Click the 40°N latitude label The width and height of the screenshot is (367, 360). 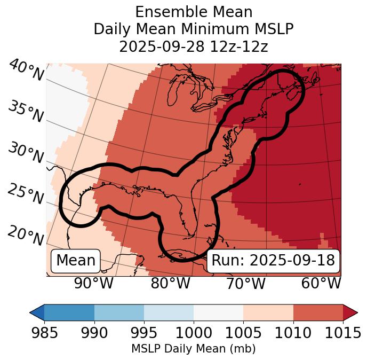click(x=26, y=71)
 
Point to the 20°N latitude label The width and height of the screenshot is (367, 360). click(x=26, y=234)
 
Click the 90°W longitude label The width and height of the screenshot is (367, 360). click(x=94, y=284)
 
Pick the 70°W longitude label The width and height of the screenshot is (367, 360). click(x=245, y=284)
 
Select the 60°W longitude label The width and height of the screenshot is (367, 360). click(x=321, y=284)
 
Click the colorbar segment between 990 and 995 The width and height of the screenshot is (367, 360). click(x=119, y=312)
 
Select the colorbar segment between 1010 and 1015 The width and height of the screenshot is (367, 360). click(x=318, y=312)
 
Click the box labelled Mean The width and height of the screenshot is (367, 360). click(x=76, y=261)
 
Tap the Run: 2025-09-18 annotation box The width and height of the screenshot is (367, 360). click(x=273, y=261)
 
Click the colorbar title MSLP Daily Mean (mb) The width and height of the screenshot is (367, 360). click(x=194, y=349)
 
